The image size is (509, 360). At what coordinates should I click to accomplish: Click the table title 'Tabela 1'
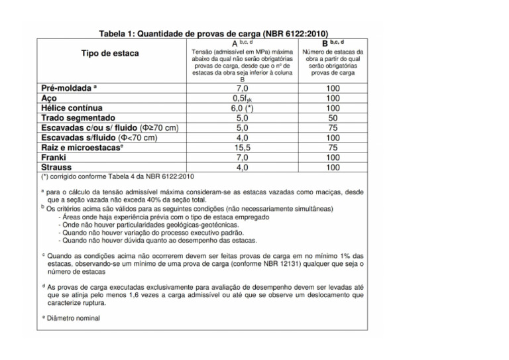click(x=213, y=33)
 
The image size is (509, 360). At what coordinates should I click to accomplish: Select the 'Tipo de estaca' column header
click(x=110, y=54)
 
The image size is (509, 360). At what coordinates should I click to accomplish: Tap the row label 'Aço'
click(x=50, y=97)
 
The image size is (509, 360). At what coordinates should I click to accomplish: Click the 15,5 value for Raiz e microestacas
click(x=242, y=148)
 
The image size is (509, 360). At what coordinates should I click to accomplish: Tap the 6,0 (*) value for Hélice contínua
click(x=242, y=107)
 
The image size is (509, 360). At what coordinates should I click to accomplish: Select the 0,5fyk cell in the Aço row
click(x=242, y=97)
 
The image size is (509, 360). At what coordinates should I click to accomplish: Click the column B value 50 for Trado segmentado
click(x=333, y=117)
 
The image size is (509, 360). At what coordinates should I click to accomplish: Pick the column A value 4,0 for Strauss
click(x=242, y=168)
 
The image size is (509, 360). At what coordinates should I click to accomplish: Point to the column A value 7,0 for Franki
click(x=242, y=158)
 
